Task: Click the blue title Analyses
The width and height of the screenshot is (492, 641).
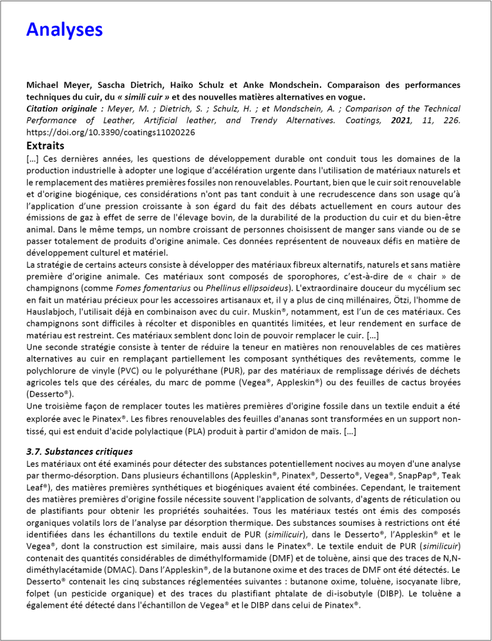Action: click(x=64, y=29)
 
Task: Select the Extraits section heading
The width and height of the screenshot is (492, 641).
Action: click(x=45, y=145)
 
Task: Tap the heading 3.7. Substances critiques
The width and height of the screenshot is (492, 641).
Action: click(x=79, y=451)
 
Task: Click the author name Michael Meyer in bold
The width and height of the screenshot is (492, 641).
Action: click(x=53, y=85)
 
